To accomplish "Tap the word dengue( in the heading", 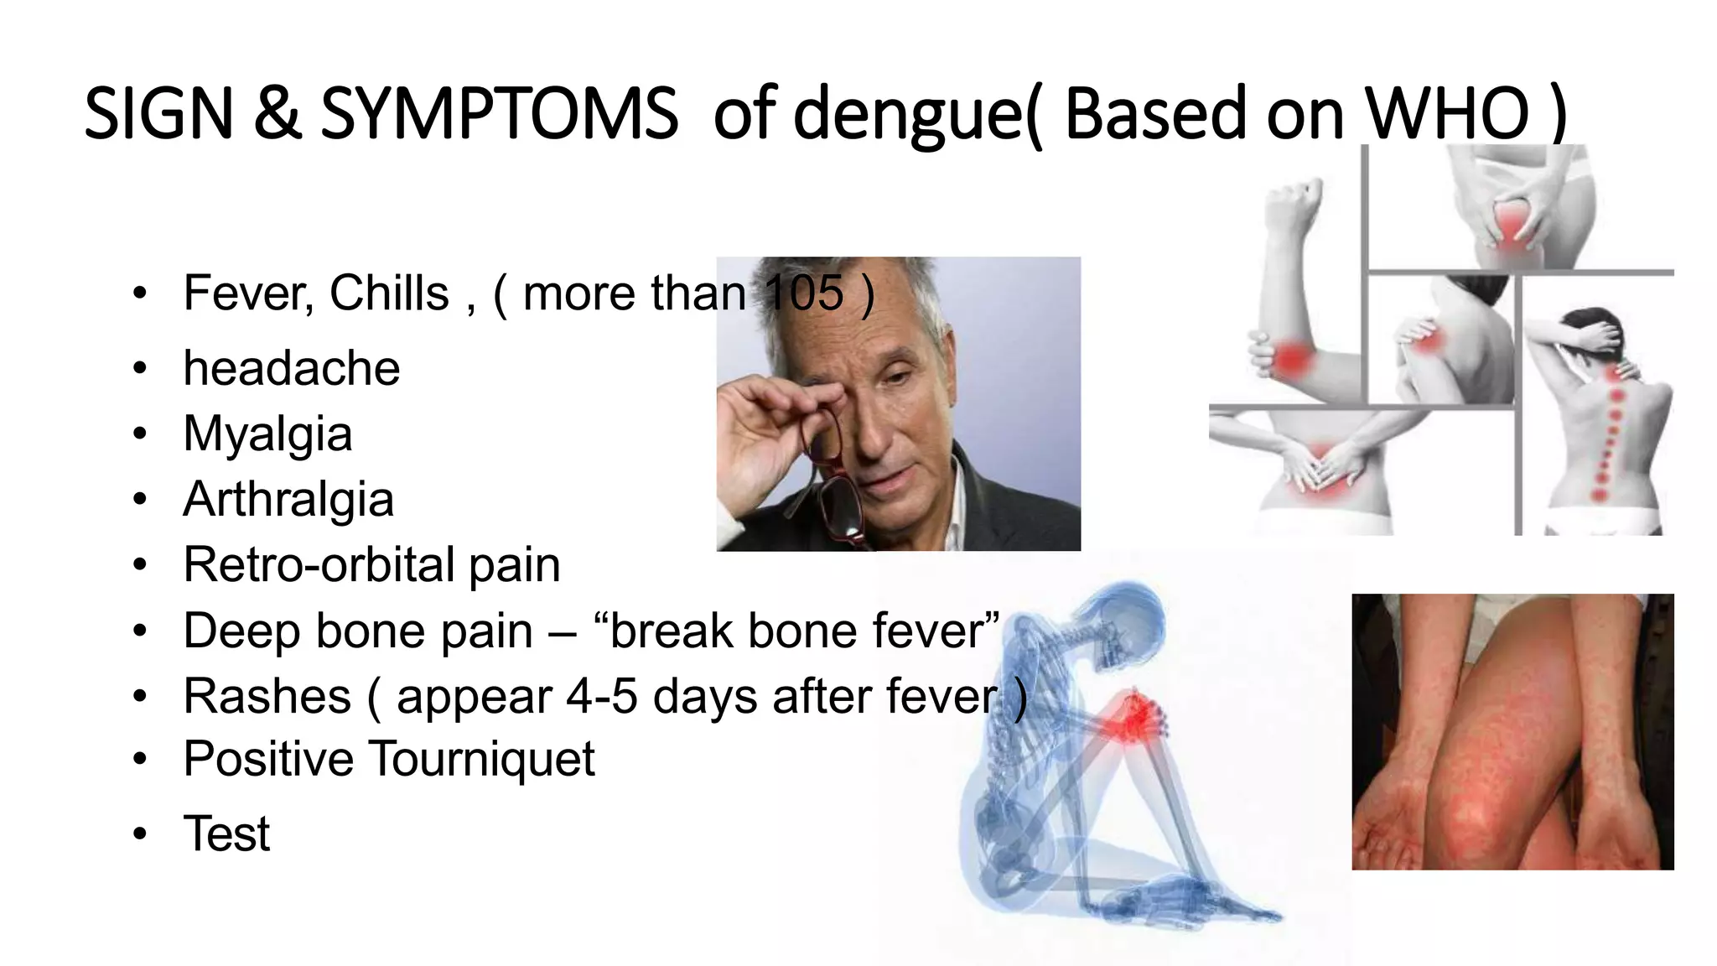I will (x=916, y=115).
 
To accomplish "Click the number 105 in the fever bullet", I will (x=804, y=293).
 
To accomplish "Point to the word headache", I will (x=292, y=368).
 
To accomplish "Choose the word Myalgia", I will (x=267, y=434).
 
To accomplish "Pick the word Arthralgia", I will (x=288, y=499).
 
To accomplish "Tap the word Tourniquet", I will (x=481, y=759).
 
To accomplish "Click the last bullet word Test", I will (x=226, y=834).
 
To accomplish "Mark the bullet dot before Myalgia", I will (x=139, y=434).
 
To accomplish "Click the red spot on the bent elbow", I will (x=1291, y=358).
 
